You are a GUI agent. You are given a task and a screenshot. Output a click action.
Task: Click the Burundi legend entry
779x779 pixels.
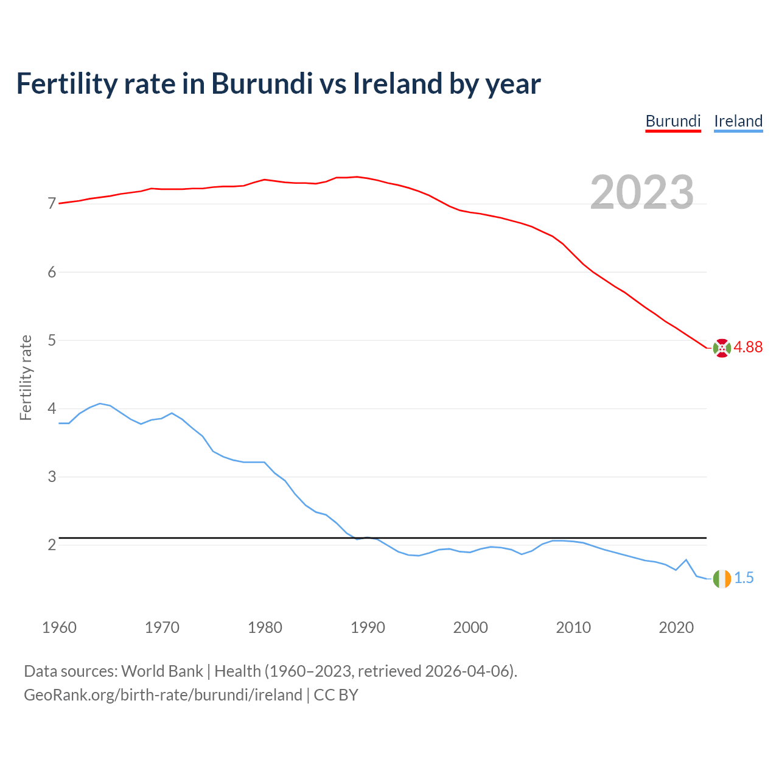[x=673, y=121]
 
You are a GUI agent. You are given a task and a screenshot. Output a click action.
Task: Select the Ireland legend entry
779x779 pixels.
[x=738, y=121]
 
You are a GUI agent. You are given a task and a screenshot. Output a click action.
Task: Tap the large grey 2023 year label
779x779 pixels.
[x=642, y=192]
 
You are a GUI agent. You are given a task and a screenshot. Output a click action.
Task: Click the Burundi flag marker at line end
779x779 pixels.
[x=722, y=348]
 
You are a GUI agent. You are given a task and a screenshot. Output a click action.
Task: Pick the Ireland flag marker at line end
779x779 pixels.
[x=722, y=579]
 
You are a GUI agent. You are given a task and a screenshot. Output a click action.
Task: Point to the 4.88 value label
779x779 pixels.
[x=748, y=347]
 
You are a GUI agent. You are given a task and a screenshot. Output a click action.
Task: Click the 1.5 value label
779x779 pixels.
[x=744, y=578]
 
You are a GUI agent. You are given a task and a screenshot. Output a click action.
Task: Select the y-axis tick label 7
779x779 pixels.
[x=52, y=204]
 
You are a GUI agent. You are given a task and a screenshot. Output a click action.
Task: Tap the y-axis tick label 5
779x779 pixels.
[x=52, y=340]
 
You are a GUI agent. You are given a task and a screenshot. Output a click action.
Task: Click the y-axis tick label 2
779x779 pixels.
[x=52, y=545]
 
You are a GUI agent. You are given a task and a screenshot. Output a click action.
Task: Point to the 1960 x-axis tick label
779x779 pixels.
[x=59, y=627]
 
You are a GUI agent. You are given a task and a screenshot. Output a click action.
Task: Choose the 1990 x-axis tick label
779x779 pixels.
[x=368, y=627]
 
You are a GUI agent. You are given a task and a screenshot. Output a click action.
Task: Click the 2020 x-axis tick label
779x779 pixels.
[x=676, y=627]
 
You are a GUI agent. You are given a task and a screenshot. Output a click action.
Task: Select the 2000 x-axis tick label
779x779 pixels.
[x=470, y=627]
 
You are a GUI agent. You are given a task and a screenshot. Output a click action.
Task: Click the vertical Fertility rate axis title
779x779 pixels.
[x=26, y=377]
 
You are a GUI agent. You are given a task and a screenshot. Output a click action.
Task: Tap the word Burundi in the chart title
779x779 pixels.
[x=262, y=83]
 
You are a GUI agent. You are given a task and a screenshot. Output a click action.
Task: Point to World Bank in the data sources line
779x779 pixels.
[x=162, y=671]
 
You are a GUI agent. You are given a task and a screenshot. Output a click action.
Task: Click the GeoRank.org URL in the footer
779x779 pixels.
[x=163, y=695]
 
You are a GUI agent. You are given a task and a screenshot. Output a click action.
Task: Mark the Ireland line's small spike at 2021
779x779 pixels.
[x=686, y=560]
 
